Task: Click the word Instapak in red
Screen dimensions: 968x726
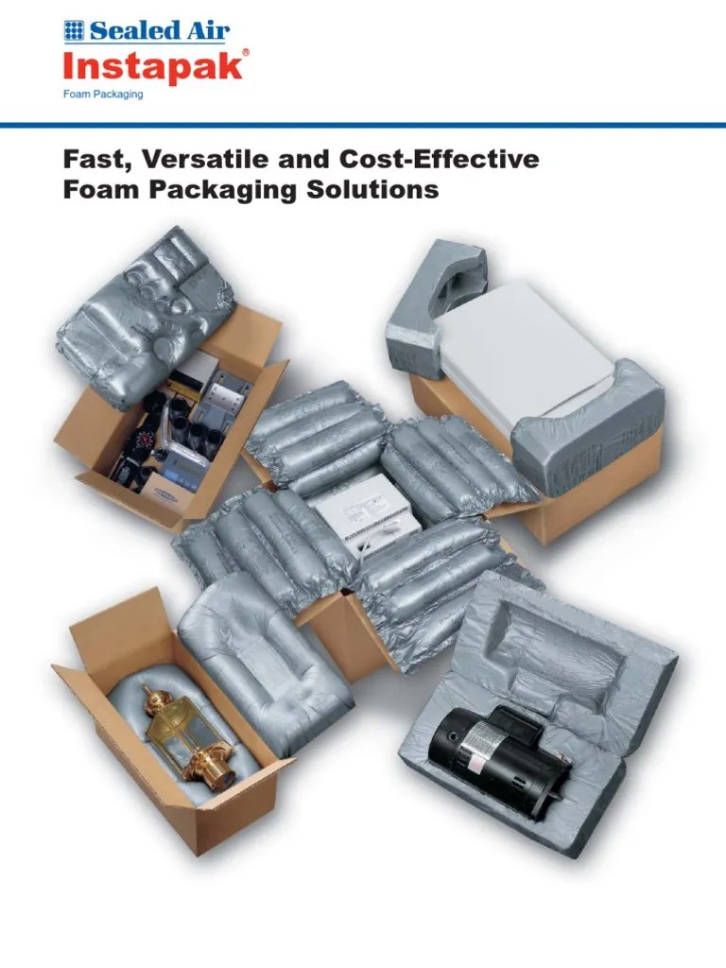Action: [x=154, y=68]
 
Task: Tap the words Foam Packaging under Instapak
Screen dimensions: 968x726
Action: [x=103, y=95]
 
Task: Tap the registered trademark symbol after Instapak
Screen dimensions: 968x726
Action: [x=246, y=52]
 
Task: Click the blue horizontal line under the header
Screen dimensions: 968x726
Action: [x=363, y=124]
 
